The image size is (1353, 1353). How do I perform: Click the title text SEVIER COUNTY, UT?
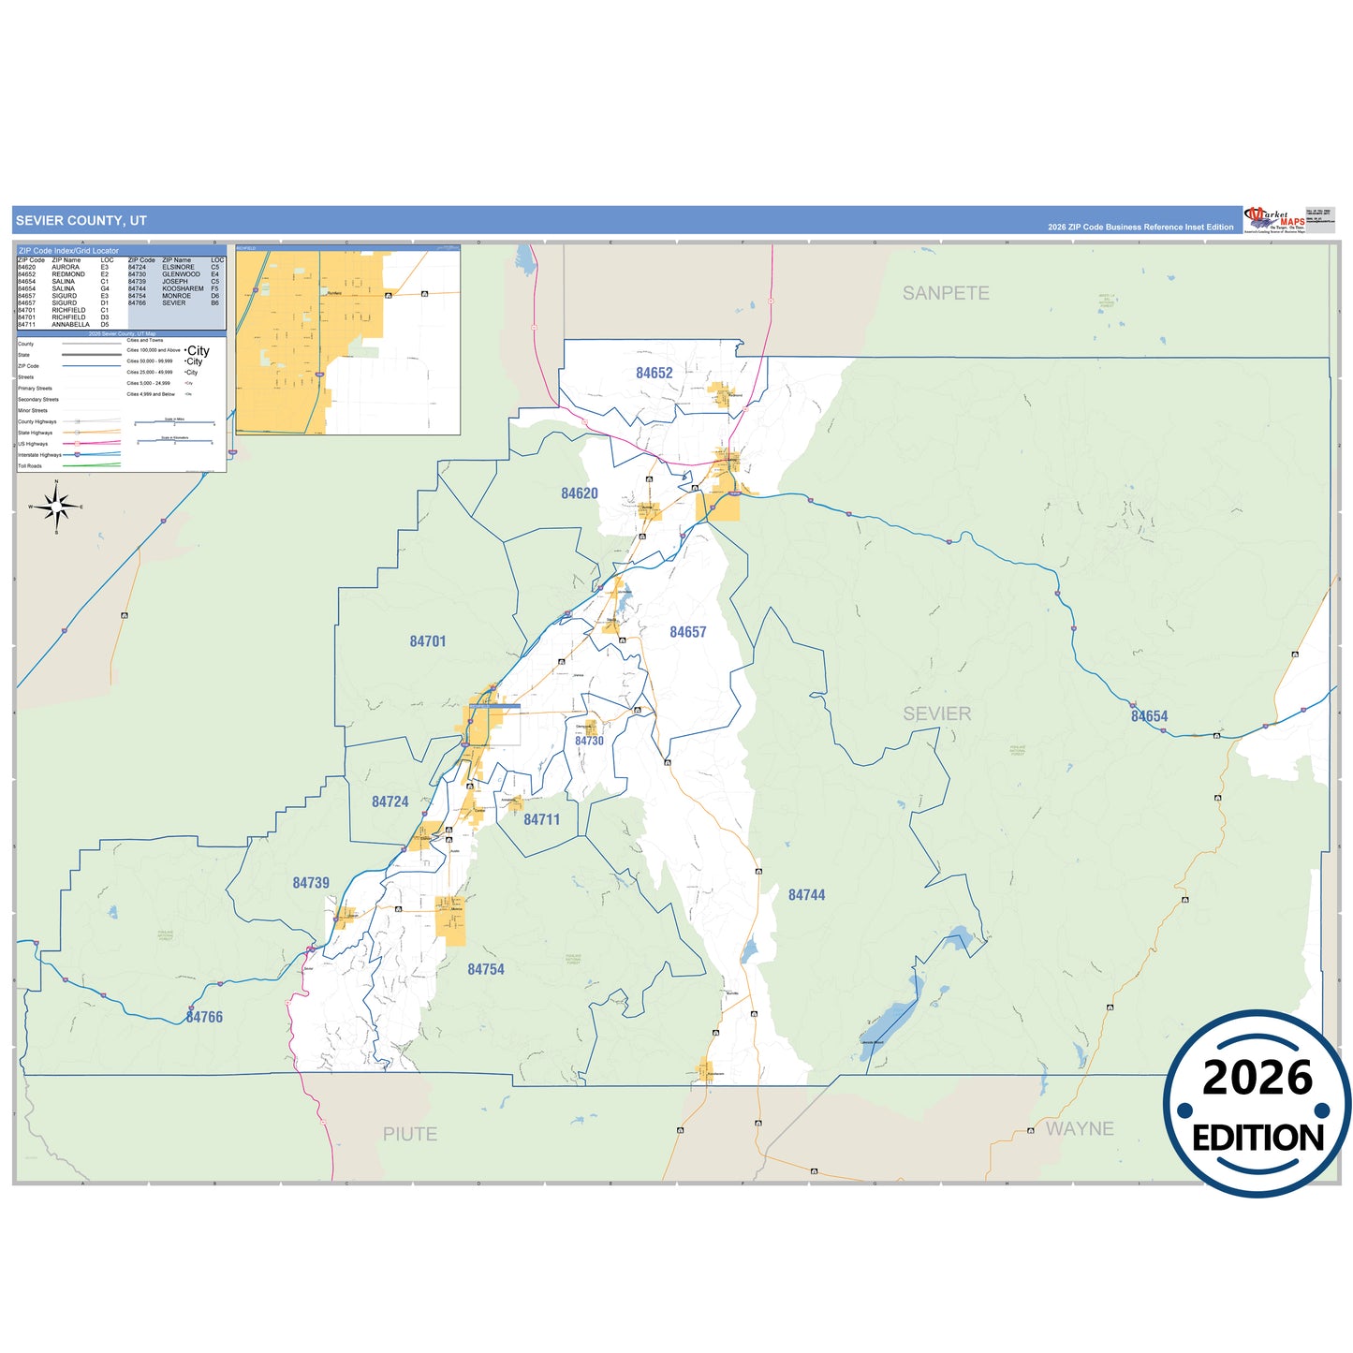81,221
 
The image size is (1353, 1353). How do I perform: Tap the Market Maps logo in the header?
1274,220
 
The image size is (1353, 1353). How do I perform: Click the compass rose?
57,507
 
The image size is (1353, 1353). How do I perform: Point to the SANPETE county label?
946,293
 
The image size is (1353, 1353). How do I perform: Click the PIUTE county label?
410,1134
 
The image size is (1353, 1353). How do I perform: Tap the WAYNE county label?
1080,1128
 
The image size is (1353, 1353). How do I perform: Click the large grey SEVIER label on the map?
937,713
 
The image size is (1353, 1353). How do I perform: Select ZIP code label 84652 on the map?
654,373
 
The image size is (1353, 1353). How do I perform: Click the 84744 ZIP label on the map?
806,895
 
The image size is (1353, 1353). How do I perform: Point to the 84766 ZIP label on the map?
204,1017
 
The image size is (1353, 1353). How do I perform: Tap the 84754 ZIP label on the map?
486,969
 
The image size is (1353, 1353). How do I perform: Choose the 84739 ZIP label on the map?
311,883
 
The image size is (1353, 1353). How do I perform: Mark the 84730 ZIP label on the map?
589,741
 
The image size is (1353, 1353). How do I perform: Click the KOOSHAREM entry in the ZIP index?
183,288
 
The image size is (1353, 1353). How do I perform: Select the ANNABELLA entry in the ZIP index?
71,325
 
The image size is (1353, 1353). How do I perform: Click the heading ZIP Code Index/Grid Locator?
69,251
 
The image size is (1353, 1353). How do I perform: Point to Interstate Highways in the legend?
39,455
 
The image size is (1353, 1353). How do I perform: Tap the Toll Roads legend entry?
30,465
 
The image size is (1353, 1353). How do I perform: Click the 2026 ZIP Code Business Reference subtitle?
1140,228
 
